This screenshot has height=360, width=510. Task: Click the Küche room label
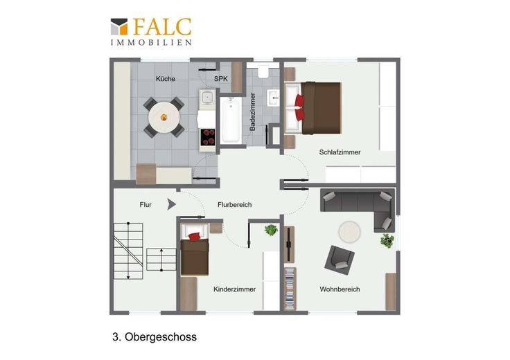coord(166,79)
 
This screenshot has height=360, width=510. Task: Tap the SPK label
coord(221,79)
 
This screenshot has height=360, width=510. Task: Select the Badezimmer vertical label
coord(252,111)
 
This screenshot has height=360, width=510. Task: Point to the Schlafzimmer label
coord(340,152)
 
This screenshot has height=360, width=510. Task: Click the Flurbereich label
coord(234,205)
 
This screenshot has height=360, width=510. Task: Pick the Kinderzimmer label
coord(234,289)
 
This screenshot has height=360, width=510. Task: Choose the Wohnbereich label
coord(340,289)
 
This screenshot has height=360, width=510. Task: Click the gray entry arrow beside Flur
coord(171,204)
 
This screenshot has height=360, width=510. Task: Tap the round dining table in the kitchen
coord(164,117)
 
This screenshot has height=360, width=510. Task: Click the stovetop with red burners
coord(207,137)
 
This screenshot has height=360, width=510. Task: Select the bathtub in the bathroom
coord(231,120)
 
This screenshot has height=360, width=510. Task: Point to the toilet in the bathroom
coord(263,70)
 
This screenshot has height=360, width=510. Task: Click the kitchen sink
coord(207,96)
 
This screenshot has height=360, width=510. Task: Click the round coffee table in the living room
coord(349,232)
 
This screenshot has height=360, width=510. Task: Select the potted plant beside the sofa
coord(387,240)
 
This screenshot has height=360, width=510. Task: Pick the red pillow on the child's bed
coord(195,237)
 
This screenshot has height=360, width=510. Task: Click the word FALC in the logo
coord(162,26)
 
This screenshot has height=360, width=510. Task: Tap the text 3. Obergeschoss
coord(155,337)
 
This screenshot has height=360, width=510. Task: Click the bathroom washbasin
coord(273,98)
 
